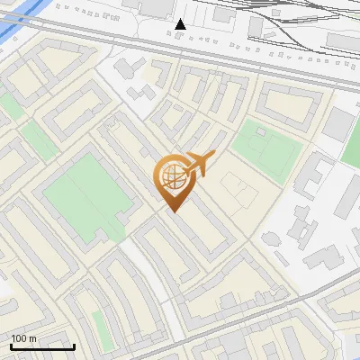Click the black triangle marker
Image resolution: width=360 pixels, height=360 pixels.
181,24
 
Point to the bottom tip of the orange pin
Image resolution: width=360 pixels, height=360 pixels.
174,211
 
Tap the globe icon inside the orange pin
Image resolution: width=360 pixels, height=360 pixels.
172,174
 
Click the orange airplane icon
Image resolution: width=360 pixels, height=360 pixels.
199,163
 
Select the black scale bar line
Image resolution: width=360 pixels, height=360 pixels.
42,346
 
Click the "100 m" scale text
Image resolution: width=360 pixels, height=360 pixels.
23,338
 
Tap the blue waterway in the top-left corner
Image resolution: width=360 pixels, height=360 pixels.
11,22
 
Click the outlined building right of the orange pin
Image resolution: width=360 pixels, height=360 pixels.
232,189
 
